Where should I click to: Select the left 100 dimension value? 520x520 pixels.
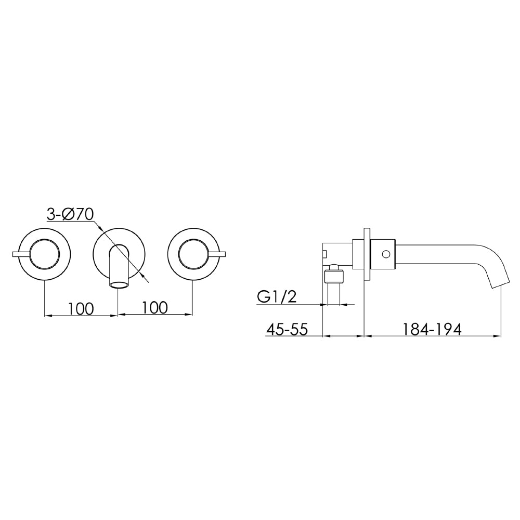click(x=81, y=308)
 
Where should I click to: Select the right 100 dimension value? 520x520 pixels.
click(x=154, y=308)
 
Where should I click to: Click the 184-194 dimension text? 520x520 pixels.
click(x=432, y=329)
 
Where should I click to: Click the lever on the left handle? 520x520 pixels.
click(x=21, y=254)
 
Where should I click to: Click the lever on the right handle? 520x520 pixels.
click(x=217, y=254)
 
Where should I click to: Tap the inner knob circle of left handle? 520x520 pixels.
click(x=45, y=254)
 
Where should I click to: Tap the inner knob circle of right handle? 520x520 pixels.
click(x=193, y=254)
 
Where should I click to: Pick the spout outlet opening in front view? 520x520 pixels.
click(x=119, y=284)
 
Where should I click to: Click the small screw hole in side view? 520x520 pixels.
click(x=385, y=254)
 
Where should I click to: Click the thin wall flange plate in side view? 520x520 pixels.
click(x=367, y=254)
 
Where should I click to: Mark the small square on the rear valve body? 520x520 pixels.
click(x=325, y=254)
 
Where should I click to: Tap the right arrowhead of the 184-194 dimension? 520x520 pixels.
click(x=498, y=336)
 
